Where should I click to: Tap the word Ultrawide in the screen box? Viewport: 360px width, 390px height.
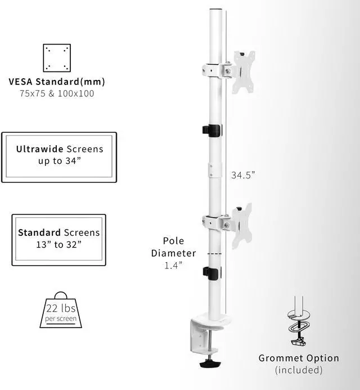click(x=40, y=149)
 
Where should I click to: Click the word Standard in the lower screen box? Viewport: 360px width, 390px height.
click(x=39, y=232)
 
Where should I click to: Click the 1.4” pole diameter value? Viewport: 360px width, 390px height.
click(x=173, y=266)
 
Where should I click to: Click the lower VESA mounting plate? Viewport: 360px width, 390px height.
click(x=241, y=225)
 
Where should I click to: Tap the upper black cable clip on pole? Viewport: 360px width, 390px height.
click(x=211, y=131)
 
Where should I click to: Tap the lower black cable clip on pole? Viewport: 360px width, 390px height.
click(x=211, y=274)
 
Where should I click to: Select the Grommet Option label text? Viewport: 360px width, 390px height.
click(x=299, y=358)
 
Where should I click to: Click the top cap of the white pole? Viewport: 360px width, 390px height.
click(x=216, y=11)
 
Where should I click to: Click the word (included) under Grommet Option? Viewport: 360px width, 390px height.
click(x=299, y=370)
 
